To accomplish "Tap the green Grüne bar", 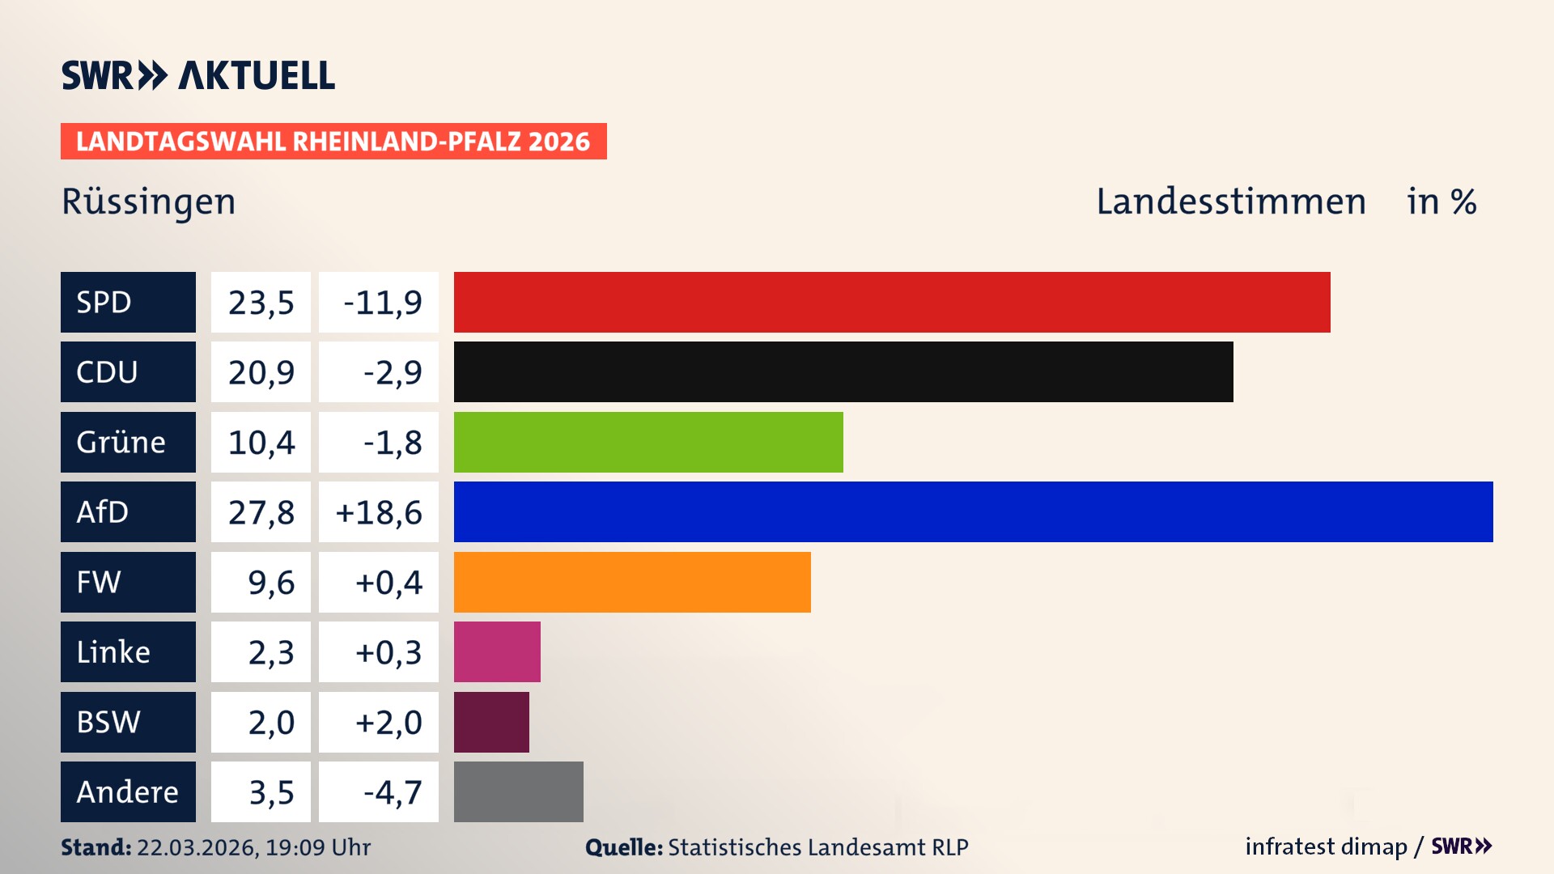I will [647, 442].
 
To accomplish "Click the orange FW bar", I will [631, 582].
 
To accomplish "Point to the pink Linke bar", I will [497, 651].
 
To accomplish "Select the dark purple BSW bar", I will [491, 722].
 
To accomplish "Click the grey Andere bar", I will [518, 791].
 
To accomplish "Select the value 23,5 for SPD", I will [261, 303].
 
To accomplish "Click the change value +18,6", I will [379, 512].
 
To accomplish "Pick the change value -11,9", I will [382, 303].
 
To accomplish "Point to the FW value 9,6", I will [270, 583].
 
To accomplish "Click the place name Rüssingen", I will [149, 202].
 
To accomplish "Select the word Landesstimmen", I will [1230, 202].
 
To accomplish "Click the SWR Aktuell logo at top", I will [198, 75].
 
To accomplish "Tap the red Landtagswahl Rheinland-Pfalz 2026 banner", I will [333, 142].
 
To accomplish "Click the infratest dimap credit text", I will [1326, 846].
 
